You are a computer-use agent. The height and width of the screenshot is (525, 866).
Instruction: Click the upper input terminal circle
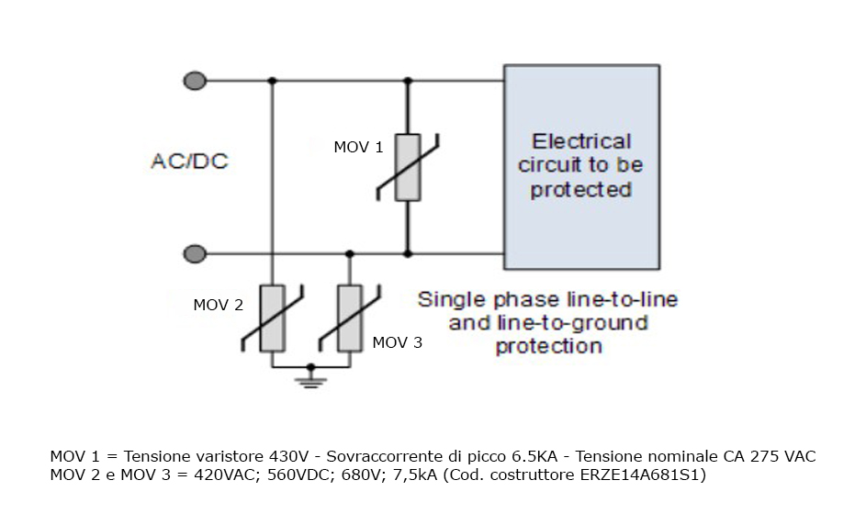pyautogui.click(x=194, y=81)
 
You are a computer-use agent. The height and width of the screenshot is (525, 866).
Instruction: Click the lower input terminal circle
pyautogui.click(x=194, y=253)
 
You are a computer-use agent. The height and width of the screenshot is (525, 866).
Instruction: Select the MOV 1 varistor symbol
pyautogui.click(x=409, y=166)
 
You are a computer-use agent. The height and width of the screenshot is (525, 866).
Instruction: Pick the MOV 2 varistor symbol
pyautogui.click(x=272, y=318)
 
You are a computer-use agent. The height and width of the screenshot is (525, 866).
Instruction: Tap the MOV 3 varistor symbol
pyautogui.click(x=349, y=318)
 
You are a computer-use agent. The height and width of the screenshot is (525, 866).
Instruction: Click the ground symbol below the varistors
pyautogui.click(x=311, y=378)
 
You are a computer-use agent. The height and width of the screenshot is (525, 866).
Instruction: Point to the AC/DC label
pyautogui.click(x=189, y=162)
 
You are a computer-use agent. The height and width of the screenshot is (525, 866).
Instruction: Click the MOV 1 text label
pyautogui.click(x=358, y=147)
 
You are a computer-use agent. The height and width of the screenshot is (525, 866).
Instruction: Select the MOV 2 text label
pyautogui.click(x=218, y=305)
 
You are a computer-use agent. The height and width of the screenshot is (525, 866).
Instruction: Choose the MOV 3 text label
pyautogui.click(x=398, y=342)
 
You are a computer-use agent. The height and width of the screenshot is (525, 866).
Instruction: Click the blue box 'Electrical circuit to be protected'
pyautogui.click(x=581, y=166)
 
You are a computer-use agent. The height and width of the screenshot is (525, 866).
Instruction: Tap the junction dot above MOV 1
pyautogui.click(x=409, y=81)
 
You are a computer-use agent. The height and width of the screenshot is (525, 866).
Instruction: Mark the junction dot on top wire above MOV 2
pyautogui.click(x=272, y=81)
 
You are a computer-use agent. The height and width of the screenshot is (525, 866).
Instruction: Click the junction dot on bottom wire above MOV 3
pyautogui.click(x=349, y=253)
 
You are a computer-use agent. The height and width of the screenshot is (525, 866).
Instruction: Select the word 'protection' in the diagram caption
pyautogui.click(x=548, y=347)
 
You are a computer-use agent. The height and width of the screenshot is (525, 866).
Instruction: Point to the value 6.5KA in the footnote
pyautogui.click(x=510, y=456)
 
